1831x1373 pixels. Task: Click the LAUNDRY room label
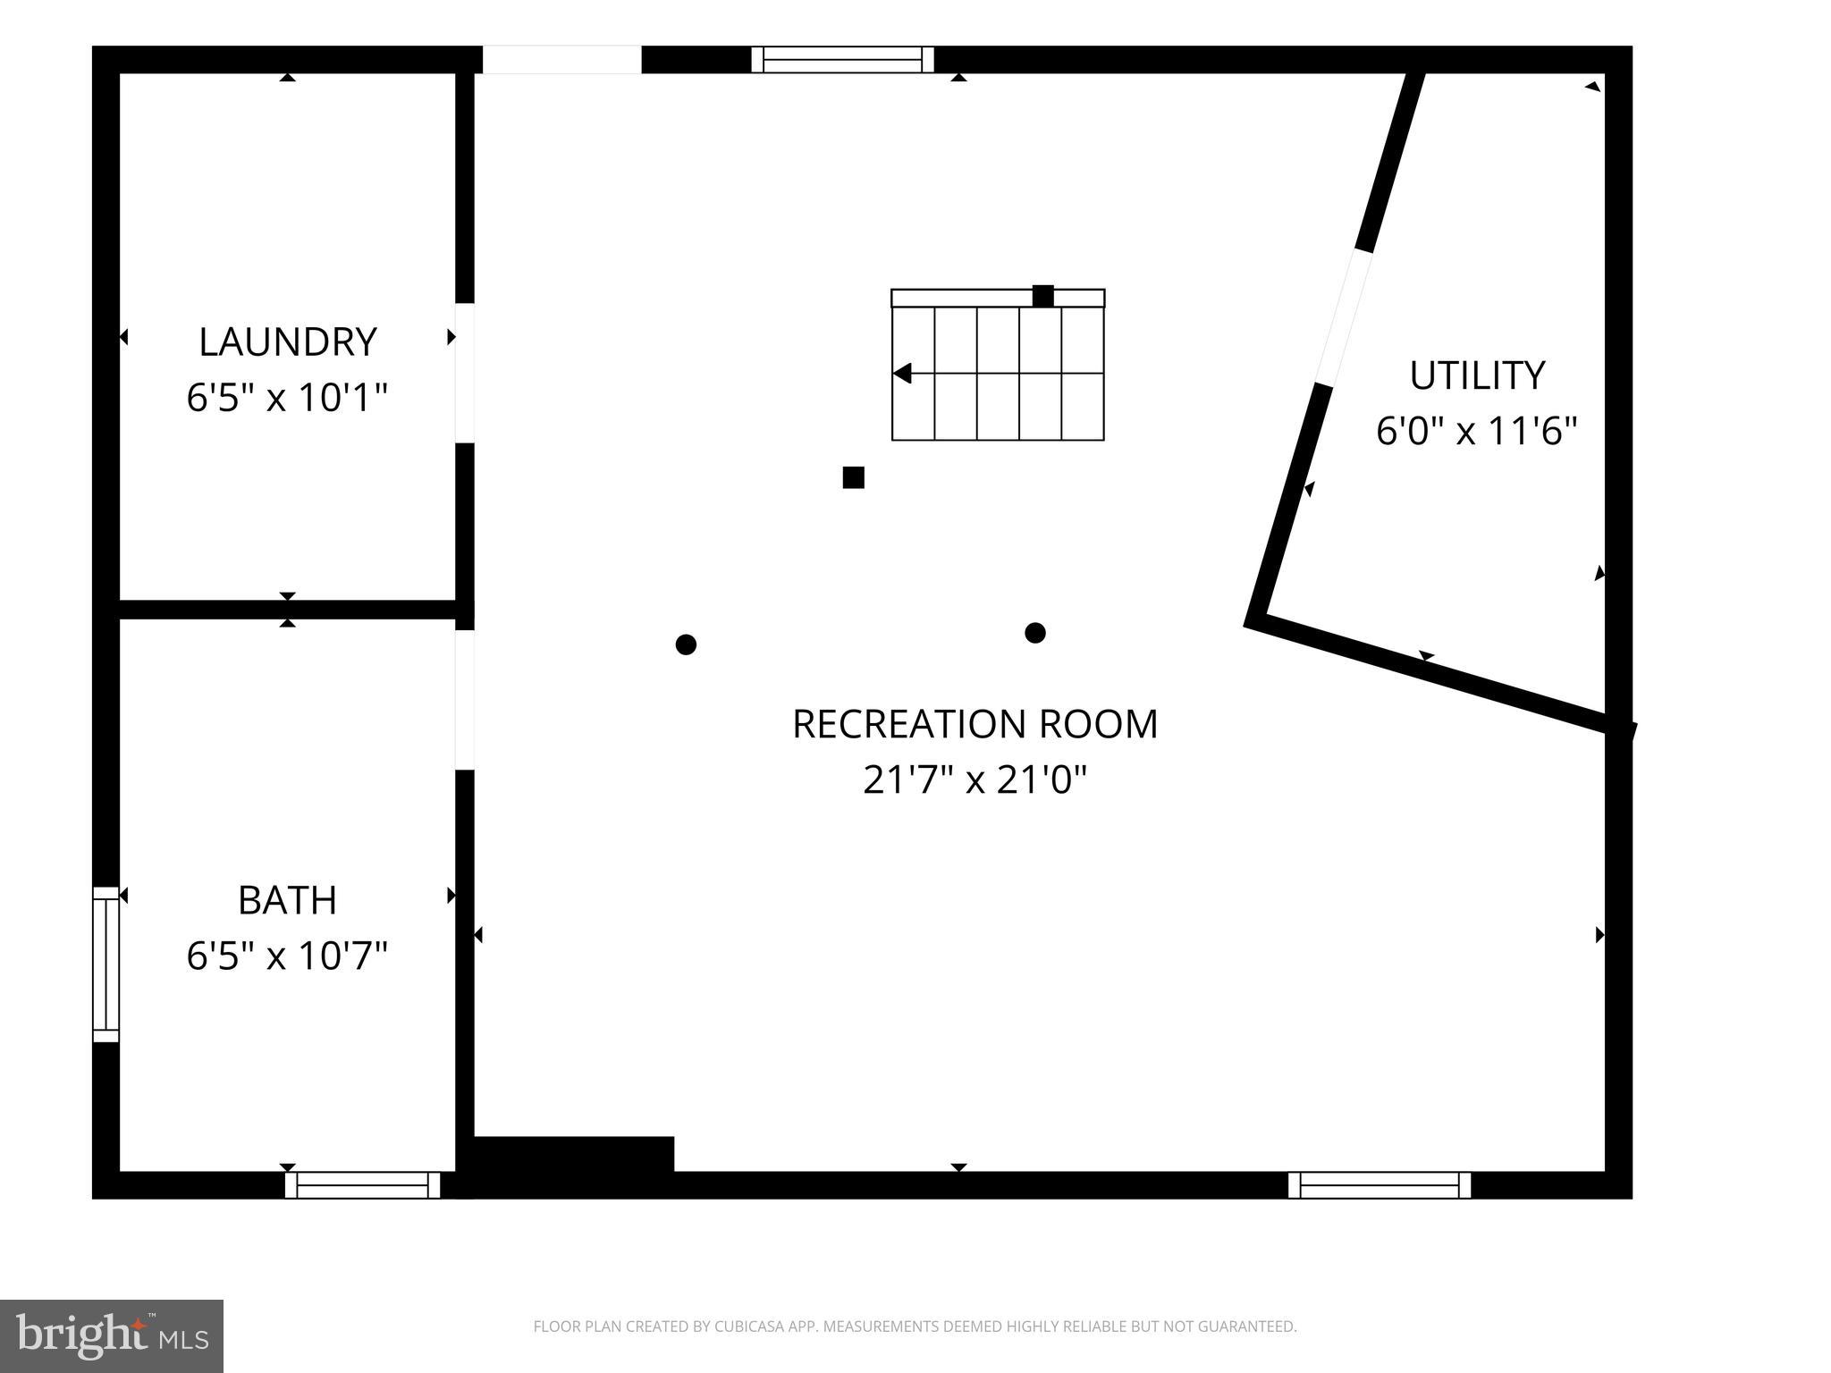tap(287, 341)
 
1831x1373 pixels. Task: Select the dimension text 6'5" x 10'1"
tap(287, 397)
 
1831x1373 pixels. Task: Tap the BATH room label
tap(287, 900)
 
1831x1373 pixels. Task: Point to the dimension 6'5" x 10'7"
tap(287, 956)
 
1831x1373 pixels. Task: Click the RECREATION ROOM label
tap(975, 724)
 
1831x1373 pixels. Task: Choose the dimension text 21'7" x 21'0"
tap(975, 779)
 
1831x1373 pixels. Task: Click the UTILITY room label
tap(1477, 375)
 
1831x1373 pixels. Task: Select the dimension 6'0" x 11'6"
tap(1477, 431)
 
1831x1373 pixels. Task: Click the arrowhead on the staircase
tap(902, 373)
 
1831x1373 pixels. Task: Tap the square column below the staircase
tap(853, 477)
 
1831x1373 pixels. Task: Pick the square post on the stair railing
tap(1042, 296)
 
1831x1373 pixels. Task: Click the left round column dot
tap(686, 644)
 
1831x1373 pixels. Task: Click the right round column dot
tap(1035, 633)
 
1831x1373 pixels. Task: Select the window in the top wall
tap(842, 60)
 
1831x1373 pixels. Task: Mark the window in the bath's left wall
tap(105, 964)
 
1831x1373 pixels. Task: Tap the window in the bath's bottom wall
tap(363, 1185)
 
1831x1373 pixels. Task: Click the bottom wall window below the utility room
tap(1380, 1185)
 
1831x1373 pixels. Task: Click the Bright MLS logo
tap(112, 1335)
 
